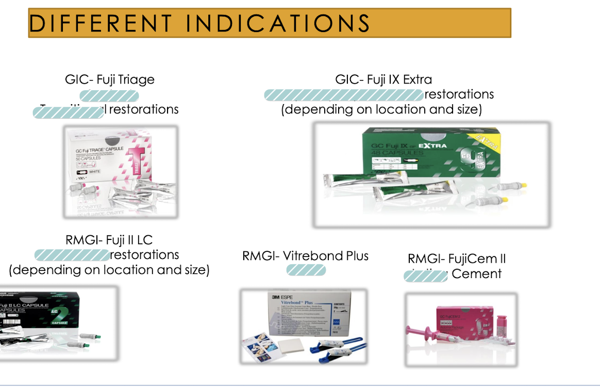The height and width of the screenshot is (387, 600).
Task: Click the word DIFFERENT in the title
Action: coord(101,23)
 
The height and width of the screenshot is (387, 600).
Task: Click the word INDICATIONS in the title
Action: coord(277,23)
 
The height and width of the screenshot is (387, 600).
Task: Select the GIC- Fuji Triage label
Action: coord(109,79)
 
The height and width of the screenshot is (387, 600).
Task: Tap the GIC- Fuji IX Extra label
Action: coord(384,79)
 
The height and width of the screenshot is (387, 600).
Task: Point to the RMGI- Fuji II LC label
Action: coord(109,240)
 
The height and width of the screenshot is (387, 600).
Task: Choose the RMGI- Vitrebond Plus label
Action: coord(305,255)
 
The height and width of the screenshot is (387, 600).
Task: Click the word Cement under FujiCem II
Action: coord(476,274)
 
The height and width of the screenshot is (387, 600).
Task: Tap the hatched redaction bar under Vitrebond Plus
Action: coord(306,270)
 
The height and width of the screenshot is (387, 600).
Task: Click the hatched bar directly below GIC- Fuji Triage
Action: coord(109,95)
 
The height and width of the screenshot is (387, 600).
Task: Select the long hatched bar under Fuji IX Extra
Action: coord(343,95)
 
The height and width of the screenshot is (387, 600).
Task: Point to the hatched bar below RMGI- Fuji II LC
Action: coord(72,255)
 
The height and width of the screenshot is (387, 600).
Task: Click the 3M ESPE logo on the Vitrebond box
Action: coord(281,298)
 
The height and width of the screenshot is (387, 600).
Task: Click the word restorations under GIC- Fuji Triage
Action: coord(144,109)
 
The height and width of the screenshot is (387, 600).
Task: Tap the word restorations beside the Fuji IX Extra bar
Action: coord(459,94)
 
